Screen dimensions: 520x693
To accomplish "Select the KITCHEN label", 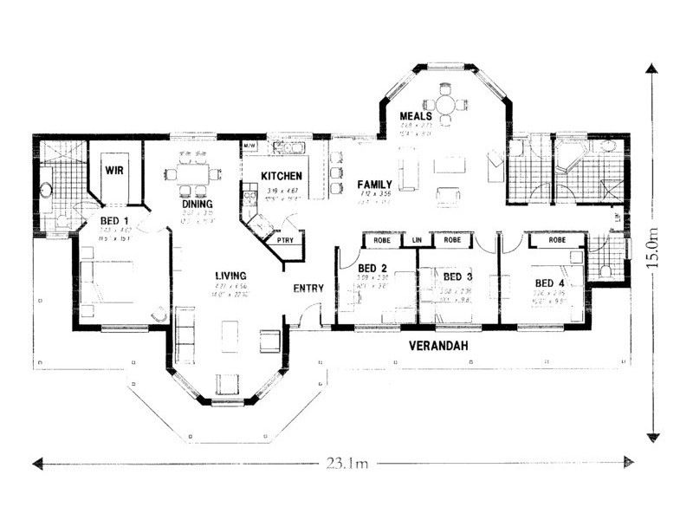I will [x=282, y=176].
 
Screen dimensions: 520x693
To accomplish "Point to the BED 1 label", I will [x=113, y=221].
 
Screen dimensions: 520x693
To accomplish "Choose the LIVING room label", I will [x=232, y=276].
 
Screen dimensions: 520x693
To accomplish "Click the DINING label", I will [x=198, y=205].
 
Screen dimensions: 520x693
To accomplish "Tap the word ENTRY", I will [x=308, y=288].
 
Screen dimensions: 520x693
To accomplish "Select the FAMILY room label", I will [x=375, y=185].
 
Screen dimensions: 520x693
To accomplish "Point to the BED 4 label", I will [x=549, y=283].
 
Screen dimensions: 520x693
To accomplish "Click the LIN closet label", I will [x=417, y=238].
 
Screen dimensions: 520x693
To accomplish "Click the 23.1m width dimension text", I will [x=346, y=465].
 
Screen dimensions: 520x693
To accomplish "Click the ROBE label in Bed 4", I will [x=557, y=239].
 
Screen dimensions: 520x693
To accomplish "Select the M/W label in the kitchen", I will [x=249, y=145].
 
